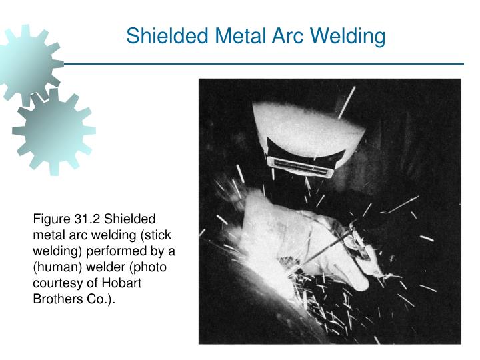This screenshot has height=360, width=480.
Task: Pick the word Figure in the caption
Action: pyautogui.click(x=51, y=220)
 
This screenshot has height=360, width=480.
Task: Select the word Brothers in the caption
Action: pyautogui.click(x=58, y=300)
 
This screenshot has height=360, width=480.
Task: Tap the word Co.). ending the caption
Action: pyautogui.click(x=99, y=300)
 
